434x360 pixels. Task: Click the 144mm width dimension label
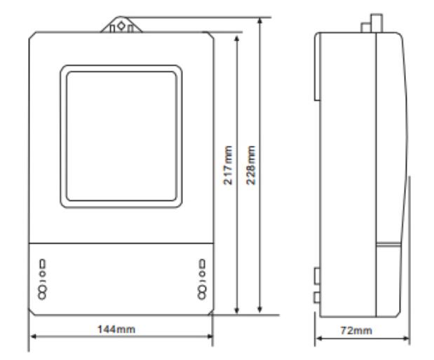pos(116,329)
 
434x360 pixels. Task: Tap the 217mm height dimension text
pos(228,165)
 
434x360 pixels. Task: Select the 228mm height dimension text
pos(251,165)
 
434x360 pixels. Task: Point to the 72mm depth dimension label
pos(356,331)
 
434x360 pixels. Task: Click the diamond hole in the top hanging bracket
pos(121,26)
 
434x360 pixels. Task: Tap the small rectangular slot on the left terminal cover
pos(42,264)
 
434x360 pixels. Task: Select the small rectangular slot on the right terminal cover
pos(203,264)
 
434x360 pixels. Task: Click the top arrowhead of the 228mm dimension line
pos(259,21)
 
